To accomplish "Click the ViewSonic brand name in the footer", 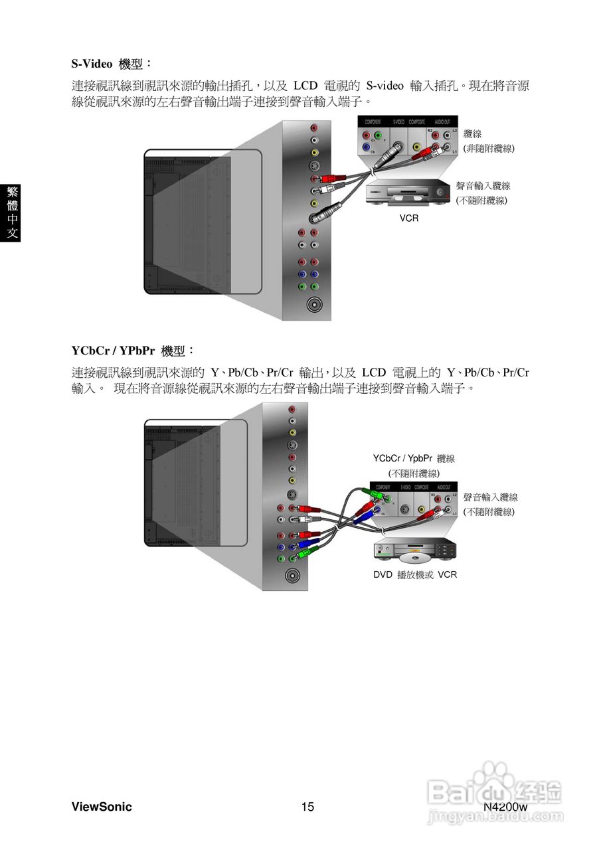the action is [x=102, y=807].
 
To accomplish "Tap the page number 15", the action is [x=307, y=807].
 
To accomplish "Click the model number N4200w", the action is [x=505, y=807].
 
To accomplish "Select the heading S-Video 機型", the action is [x=112, y=64].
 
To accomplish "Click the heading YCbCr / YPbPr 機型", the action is [x=133, y=350].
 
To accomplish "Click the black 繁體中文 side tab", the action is [x=11, y=212].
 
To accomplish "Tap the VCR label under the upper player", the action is [x=409, y=218].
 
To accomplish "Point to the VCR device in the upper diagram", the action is [x=408, y=193].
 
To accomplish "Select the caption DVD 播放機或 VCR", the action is [x=415, y=574].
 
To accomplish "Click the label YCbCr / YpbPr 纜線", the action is [x=414, y=458].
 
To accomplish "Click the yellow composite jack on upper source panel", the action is [x=416, y=147].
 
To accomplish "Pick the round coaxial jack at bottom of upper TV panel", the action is [x=314, y=305].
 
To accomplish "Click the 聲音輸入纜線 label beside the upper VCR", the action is [x=483, y=186].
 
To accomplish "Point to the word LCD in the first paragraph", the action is [x=305, y=86].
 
